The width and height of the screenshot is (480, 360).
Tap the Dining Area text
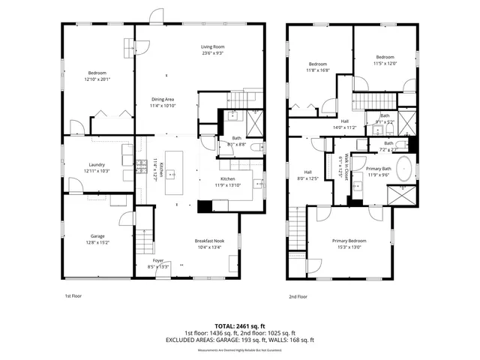click(163, 99)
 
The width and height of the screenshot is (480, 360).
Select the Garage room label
click(94, 236)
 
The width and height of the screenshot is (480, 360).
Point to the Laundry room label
click(97, 164)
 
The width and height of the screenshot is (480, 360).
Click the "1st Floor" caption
click(72, 295)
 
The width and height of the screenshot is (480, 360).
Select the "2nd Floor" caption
click(298, 295)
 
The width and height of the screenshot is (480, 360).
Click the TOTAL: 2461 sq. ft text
click(240, 325)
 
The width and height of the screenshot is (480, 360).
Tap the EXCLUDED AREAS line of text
click(240, 340)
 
